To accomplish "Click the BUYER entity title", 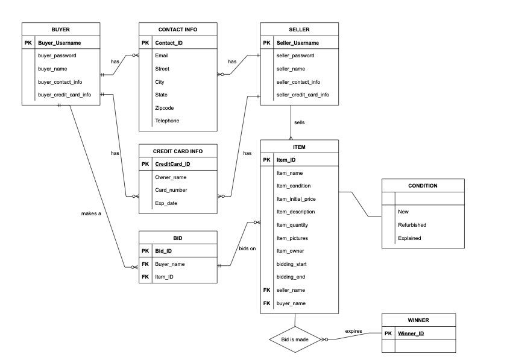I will pyautogui.click(x=60, y=29).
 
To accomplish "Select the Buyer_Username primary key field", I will pyautogui.click(x=59, y=43).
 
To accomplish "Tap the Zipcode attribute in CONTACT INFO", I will pyautogui.click(x=165, y=107).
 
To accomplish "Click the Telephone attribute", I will pyautogui.click(x=167, y=121).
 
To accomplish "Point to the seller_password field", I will pyautogui.click(x=295, y=55).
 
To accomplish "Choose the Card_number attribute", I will pyautogui.click(x=171, y=190).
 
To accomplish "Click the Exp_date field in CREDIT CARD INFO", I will pyautogui.click(x=166, y=203).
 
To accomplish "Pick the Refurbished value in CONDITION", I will pyautogui.click(x=412, y=225).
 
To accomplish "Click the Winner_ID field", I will pyautogui.click(x=411, y=333).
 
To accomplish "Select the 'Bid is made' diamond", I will pyautogui.click(x=294, y=339).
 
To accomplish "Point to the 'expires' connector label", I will pyautogui.click(x=353, y=331).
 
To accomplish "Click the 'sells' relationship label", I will pyautogui.click(x=299, y=122).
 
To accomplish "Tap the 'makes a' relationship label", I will pyautogui.click(x=91, y=213).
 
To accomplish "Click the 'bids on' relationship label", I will pyautogui.click(x=247, y=248).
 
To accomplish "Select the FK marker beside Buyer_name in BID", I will pyautogui.click(x=145, y=264).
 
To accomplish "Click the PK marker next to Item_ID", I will pyautogui.click(x=267, y=160).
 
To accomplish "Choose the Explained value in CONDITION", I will pyautogui.click(x=409, y=238).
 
